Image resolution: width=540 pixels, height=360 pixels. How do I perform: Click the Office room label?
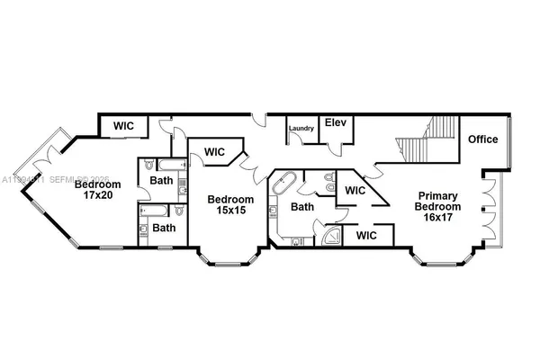[482, 139]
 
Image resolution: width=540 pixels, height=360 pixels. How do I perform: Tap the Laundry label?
[301, 129]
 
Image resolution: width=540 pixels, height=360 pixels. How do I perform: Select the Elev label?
[336, 122]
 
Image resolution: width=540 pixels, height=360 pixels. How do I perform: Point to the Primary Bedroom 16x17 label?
[438, 202]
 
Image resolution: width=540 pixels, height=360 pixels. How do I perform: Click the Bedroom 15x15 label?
[230, 204]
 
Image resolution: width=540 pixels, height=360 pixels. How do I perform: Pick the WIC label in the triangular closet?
[355, 191]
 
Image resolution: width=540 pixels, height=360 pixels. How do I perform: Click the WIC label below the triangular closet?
[366, 235]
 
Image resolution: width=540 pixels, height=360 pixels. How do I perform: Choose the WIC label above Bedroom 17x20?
[123, 126]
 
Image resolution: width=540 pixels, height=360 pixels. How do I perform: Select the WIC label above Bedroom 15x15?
[215, 151]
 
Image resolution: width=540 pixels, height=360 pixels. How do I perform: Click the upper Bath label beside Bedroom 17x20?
[161, 181]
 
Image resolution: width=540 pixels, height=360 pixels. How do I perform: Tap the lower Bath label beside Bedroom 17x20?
[164, 229]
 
